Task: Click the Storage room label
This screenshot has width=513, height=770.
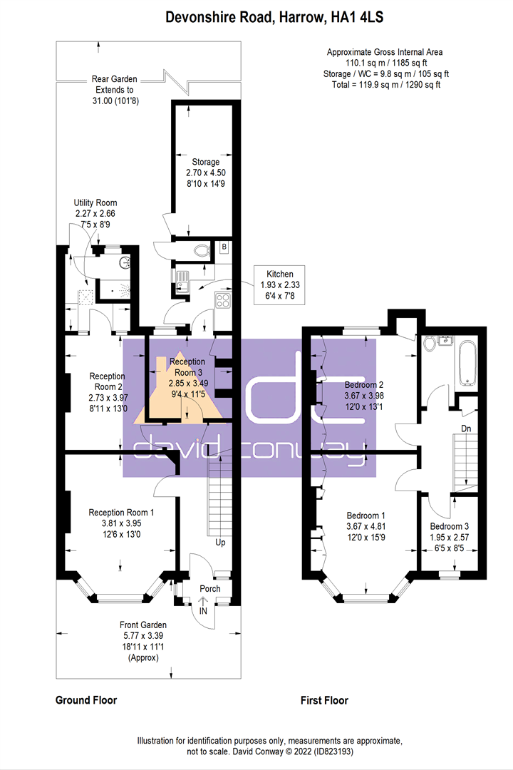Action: point(206,162)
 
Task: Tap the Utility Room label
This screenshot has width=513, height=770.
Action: point(95,202)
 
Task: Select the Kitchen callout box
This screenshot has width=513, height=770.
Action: point(280,284)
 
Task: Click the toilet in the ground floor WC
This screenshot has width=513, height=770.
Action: point(201,251)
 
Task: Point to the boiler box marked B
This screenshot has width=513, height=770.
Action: point(224,247)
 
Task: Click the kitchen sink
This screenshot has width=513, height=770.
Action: point(182,282)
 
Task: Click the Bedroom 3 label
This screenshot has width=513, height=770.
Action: point(449,526)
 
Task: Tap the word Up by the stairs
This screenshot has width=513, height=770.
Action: point(220,543)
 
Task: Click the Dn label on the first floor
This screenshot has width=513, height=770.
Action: point(466,428)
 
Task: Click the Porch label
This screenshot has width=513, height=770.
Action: point(210,588)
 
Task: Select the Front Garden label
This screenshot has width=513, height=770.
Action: point(142,625)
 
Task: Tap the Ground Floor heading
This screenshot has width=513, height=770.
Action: point(86,700)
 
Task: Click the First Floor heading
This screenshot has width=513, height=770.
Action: point(324,700)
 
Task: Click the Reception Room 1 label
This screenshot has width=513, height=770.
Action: point(121,513)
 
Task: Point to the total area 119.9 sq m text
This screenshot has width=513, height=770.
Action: point(386,84)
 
